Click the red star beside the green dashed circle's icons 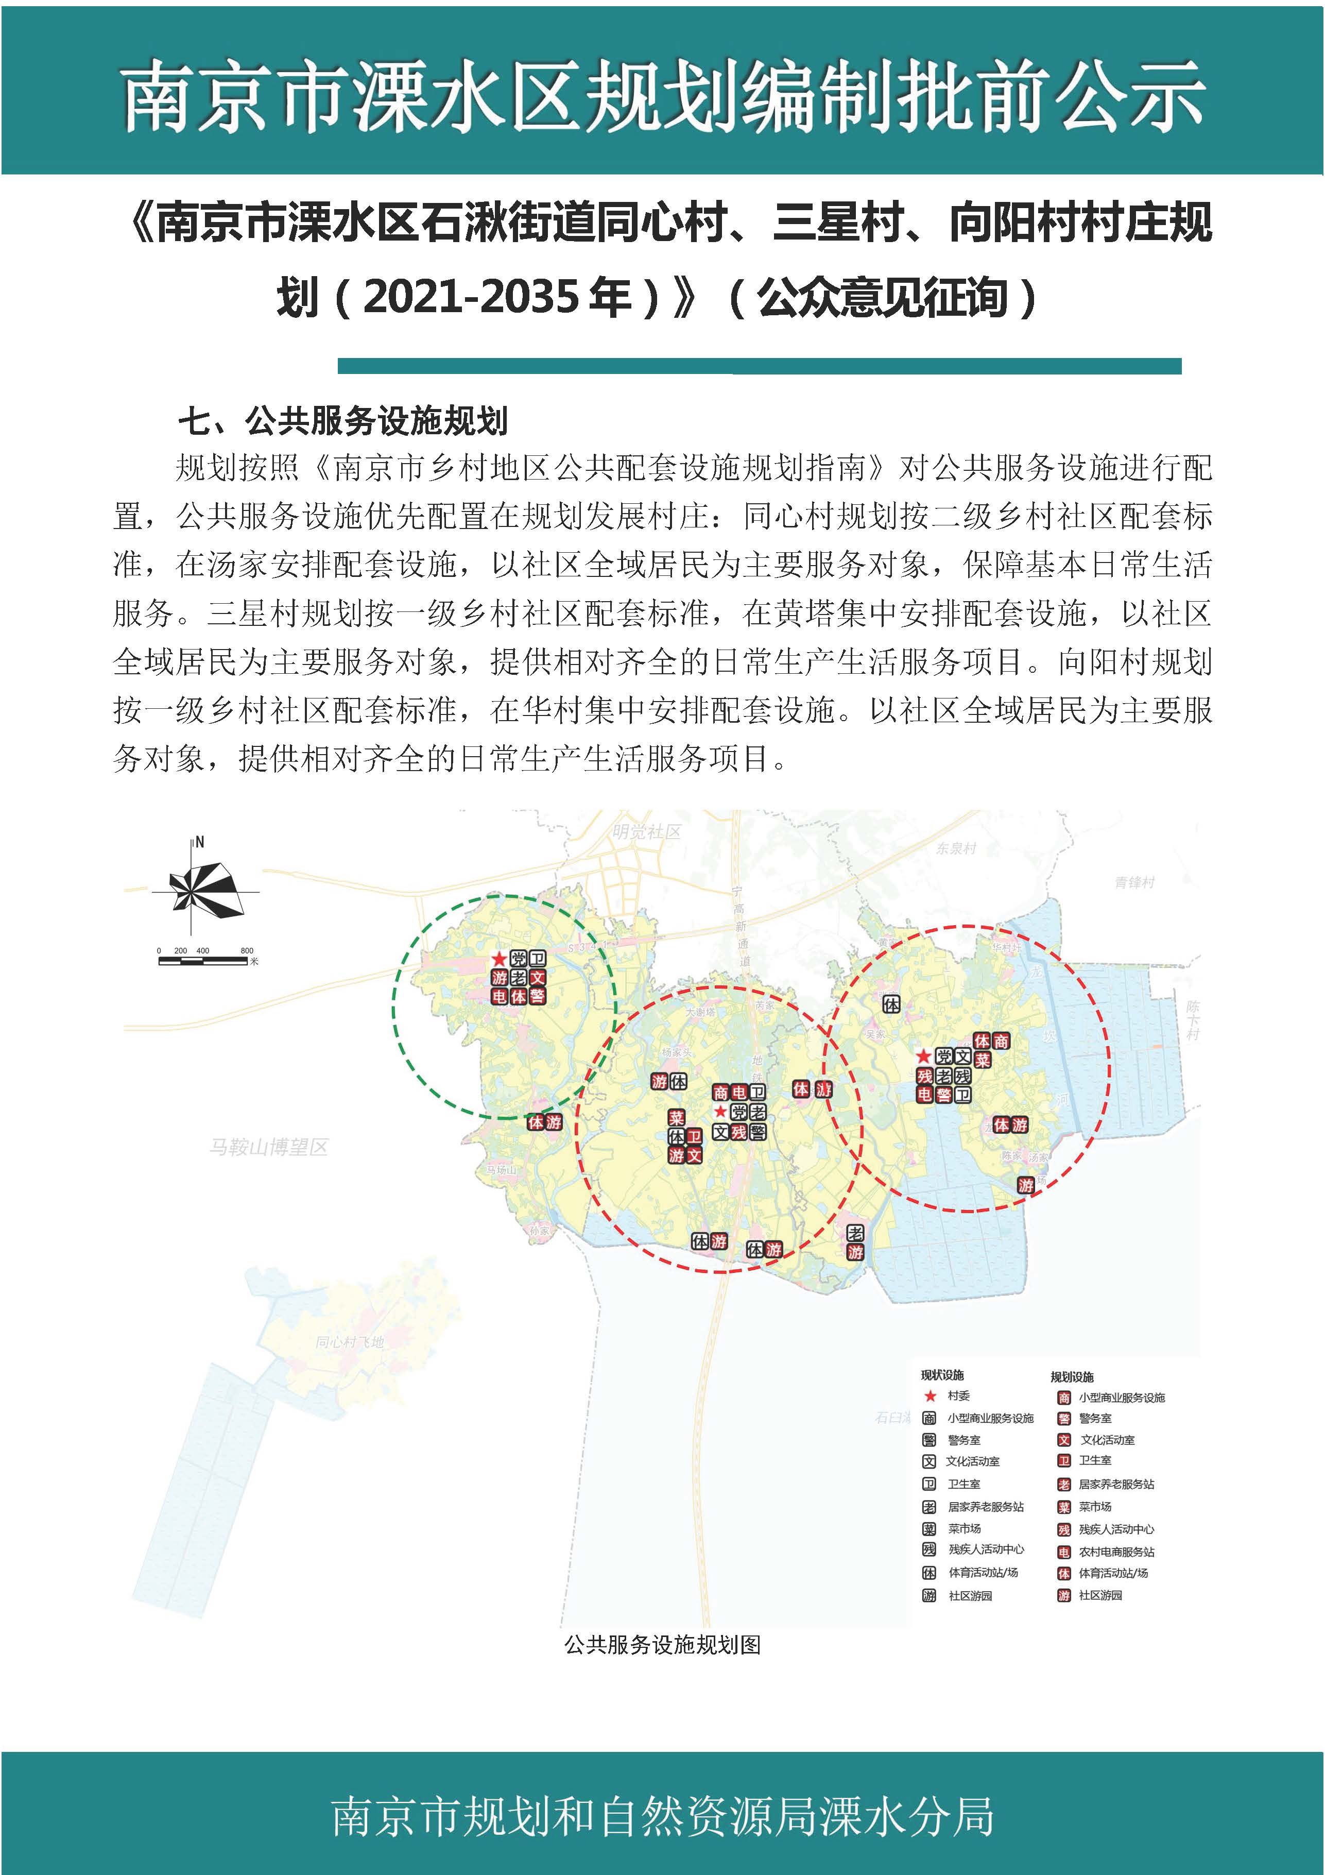click(x=499, y=959)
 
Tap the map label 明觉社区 click(x=647, y=832)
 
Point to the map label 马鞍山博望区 click(x=269, y=1147)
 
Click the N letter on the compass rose click(x=200, y=842)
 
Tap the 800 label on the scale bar click(x=247, y=950)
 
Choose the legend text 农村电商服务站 click(x=1116, y=1552)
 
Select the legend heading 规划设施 click(x=1072, y=1377)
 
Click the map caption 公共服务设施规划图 click(x=662, y=1644)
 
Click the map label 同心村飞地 click(x=350, y=1342)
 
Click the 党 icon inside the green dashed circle click(x=518, y=959)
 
